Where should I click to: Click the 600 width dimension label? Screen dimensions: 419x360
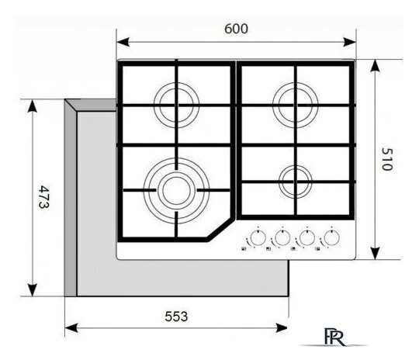click(236, 29)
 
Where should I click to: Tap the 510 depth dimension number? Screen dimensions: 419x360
click(386, 159)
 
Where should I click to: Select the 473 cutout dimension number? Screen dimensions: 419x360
click(43, 197)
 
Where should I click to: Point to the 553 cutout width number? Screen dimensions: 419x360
click(176, 317)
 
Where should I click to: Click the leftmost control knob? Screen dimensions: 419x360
click(258, 237)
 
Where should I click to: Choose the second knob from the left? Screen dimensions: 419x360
click(282, 237)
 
